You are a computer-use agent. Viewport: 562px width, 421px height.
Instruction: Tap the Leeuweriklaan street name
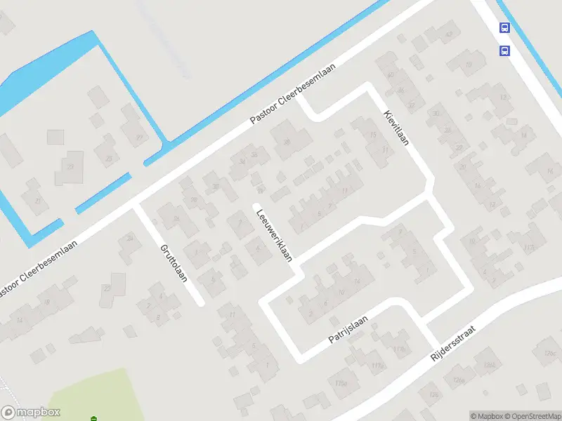[274, 234]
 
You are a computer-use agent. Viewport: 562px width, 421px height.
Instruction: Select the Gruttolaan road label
[174, 261]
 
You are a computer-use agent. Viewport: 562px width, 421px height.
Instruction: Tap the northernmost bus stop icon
[504, 28]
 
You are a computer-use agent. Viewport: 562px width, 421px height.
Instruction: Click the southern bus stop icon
[504, 51]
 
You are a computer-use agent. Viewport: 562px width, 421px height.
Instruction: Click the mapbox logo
[31, 413]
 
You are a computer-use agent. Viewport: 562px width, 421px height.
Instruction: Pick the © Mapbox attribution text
[487, 416]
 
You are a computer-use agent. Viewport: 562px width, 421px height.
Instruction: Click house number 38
[287, 142]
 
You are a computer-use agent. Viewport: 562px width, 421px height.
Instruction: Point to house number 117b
[400, 349]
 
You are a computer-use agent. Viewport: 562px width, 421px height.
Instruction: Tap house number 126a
[459, 380]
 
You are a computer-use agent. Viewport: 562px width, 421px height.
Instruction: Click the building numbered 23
[70, 166]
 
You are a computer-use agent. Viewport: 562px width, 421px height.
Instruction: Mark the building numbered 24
[129, 239]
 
